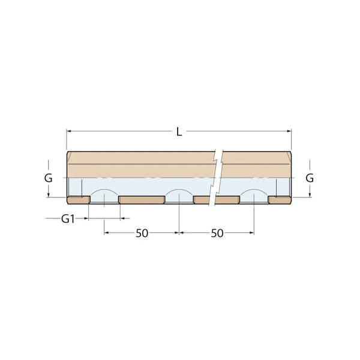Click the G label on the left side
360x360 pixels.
49,178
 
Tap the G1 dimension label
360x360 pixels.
68,219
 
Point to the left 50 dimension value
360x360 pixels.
142,234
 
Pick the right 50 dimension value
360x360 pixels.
217,234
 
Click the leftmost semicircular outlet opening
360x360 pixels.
104,197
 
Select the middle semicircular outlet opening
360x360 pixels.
179,197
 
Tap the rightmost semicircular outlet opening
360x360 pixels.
253,197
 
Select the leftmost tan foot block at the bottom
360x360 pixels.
78,200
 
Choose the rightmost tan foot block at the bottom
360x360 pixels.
279,200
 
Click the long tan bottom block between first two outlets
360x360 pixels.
141,200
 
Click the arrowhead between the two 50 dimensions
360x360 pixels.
179,232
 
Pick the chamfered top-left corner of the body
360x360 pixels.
68,154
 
